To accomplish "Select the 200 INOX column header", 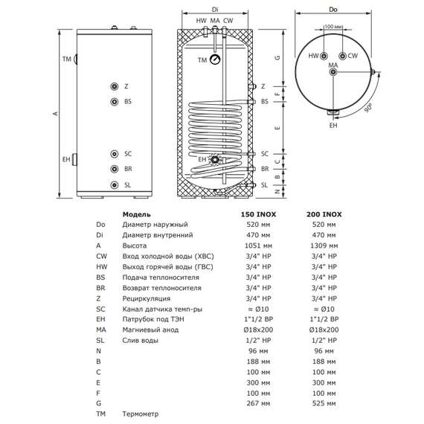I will click(322, 213).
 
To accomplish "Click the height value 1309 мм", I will click(322, 245).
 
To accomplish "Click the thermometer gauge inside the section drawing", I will click(214, 60).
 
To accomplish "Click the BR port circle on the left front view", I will click(114, 170).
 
